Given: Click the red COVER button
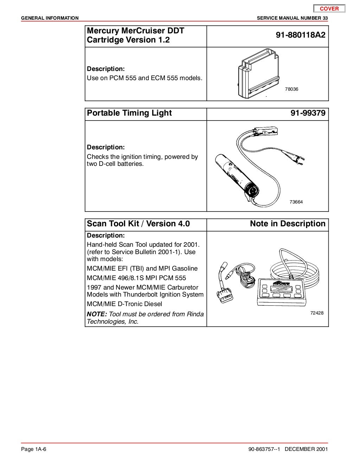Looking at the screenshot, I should pyautogui.click(x=329, y=9).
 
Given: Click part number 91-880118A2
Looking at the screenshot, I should pyautogui.click(x=301, y=35).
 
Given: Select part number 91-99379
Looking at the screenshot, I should pyautogui.click(x=308, y=113).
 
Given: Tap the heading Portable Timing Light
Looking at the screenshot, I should pyautogui.click(x=129, y=113).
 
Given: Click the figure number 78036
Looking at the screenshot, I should pyautogui.click(x=291, y=89).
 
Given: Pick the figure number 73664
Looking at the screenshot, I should pyautogui.click(x=296, y=202).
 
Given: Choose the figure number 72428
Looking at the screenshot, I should pyautogui.click(x=317, y=313).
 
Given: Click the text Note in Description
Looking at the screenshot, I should pyautogui.click(x=288, y=224).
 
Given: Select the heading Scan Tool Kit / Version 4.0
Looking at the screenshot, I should pyautogui.click(x=138, y=224).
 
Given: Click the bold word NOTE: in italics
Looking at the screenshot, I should pyautogui.click(x=97, y=314).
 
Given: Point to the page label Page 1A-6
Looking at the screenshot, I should pyautogui.click(x=34, y=449).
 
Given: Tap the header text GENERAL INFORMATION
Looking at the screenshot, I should pyautogui.click(x=50, y=18).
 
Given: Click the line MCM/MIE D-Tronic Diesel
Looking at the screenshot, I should pyautogui.click(x=124, y=304).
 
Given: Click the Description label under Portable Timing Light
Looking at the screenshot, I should pyautogui.click(x=106, y=147).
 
